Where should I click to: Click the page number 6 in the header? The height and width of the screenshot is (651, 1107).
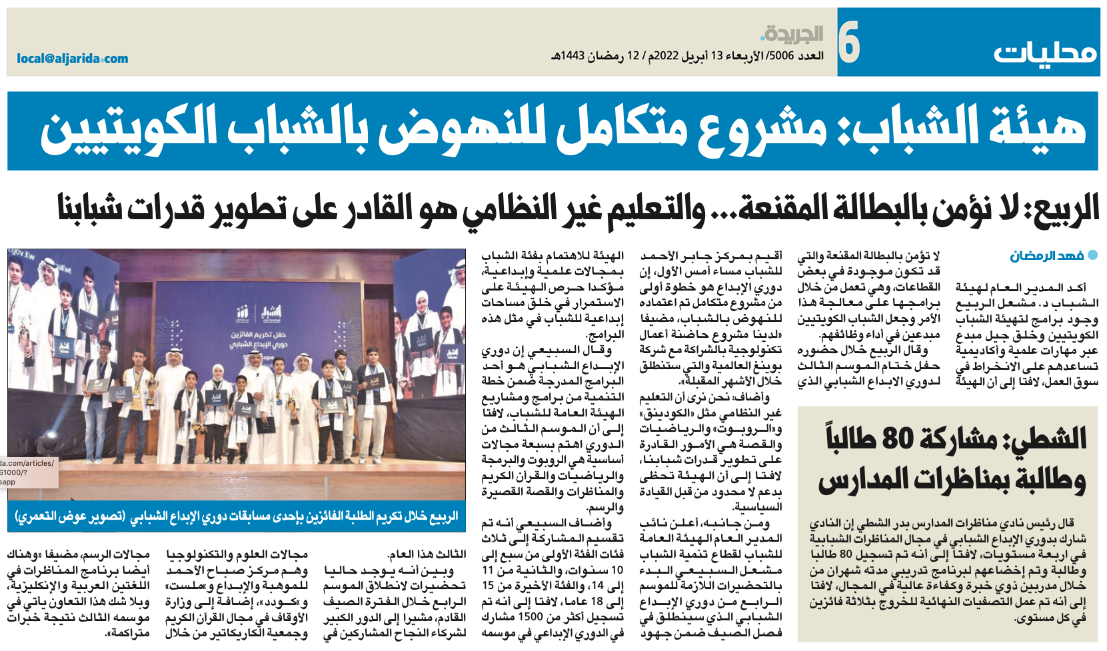(848, 42)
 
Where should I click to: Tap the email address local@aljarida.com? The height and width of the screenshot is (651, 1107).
(72, 59)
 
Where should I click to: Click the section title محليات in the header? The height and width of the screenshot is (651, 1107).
(1045, 51)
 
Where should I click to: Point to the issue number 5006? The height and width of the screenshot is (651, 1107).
(781, 56)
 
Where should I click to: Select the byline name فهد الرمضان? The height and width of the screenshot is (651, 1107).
(1046, 256)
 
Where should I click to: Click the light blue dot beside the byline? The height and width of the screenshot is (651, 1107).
(1092, 255)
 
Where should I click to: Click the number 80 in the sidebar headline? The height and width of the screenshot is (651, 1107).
(898, 439)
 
